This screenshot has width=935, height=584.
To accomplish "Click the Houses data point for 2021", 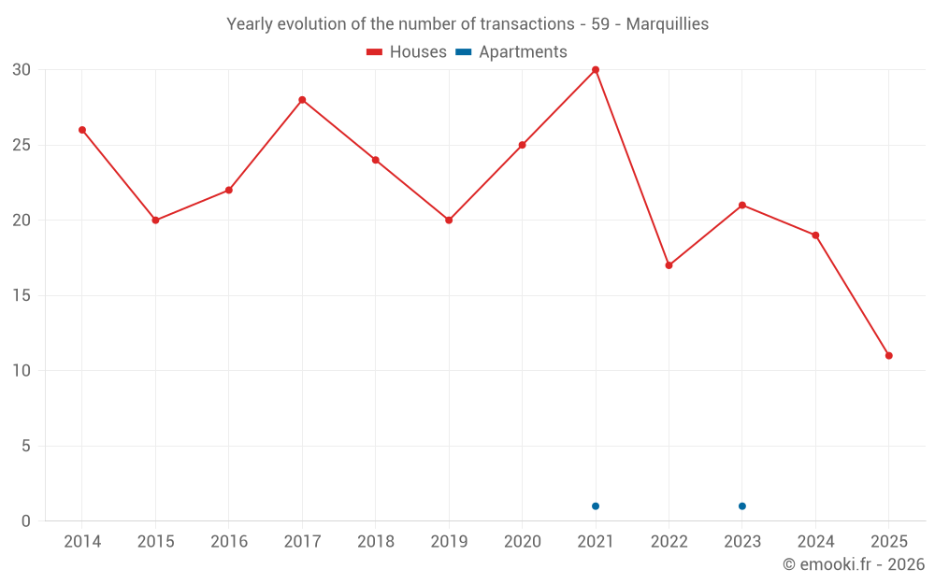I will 596,70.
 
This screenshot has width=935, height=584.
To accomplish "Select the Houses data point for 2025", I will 888,356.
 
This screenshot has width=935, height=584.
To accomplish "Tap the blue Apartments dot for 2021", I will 596,506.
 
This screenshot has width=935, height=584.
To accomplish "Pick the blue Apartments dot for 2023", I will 742,506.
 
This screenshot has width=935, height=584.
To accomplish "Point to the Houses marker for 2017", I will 302,100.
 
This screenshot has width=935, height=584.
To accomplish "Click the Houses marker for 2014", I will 82,130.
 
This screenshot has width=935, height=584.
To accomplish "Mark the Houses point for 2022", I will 669,265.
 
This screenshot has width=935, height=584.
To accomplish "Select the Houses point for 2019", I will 449,221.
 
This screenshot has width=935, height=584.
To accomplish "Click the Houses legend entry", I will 407,52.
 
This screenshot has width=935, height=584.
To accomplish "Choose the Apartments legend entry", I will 511,52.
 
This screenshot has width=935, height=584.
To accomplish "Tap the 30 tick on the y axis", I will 22,70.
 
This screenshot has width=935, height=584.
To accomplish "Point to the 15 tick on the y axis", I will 22,296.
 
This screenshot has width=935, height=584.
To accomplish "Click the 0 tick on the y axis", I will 26,521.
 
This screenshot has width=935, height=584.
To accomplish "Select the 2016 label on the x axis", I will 229,542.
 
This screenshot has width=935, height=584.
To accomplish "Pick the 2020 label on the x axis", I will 522,542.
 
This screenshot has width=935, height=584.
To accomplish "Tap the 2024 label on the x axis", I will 815,542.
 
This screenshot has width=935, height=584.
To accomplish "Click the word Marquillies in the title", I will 668,24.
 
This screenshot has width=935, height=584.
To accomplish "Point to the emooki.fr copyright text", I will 853,564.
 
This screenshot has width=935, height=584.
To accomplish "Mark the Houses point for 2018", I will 375,160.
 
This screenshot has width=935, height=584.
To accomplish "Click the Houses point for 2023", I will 742,206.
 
